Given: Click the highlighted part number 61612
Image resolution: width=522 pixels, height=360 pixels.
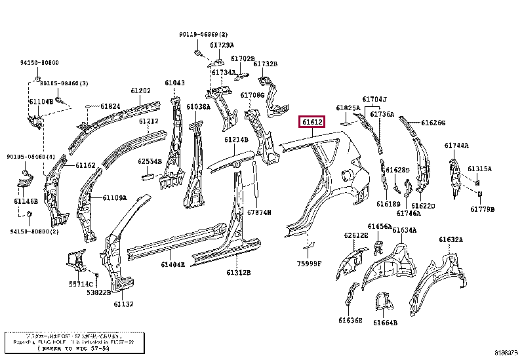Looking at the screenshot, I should (x=312, y=122).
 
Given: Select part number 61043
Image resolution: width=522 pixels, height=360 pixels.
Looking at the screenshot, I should (x=174, y=83).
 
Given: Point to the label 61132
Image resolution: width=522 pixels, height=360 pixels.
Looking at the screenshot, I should (x=123, y=304).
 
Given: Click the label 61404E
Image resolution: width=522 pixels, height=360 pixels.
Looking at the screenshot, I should (x=172, y=264).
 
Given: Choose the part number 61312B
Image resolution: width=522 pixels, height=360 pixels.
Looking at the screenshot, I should (x=239, y=272).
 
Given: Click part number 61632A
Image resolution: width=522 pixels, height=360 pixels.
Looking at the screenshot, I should (x=451, y=239).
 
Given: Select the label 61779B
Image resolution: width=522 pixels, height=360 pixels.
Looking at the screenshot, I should (x=482, y=209).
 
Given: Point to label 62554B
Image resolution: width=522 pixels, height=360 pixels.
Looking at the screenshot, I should (x=150, y=161).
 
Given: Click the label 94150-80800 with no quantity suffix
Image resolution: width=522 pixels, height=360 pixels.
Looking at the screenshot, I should (x=38, y=62).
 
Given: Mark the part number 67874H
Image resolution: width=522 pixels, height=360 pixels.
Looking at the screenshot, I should (x=259, y=212).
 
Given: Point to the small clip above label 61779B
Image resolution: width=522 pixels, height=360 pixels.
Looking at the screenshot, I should (x=481, y=193).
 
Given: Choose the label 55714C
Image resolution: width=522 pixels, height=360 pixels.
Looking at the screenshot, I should (x=81, y=284).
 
